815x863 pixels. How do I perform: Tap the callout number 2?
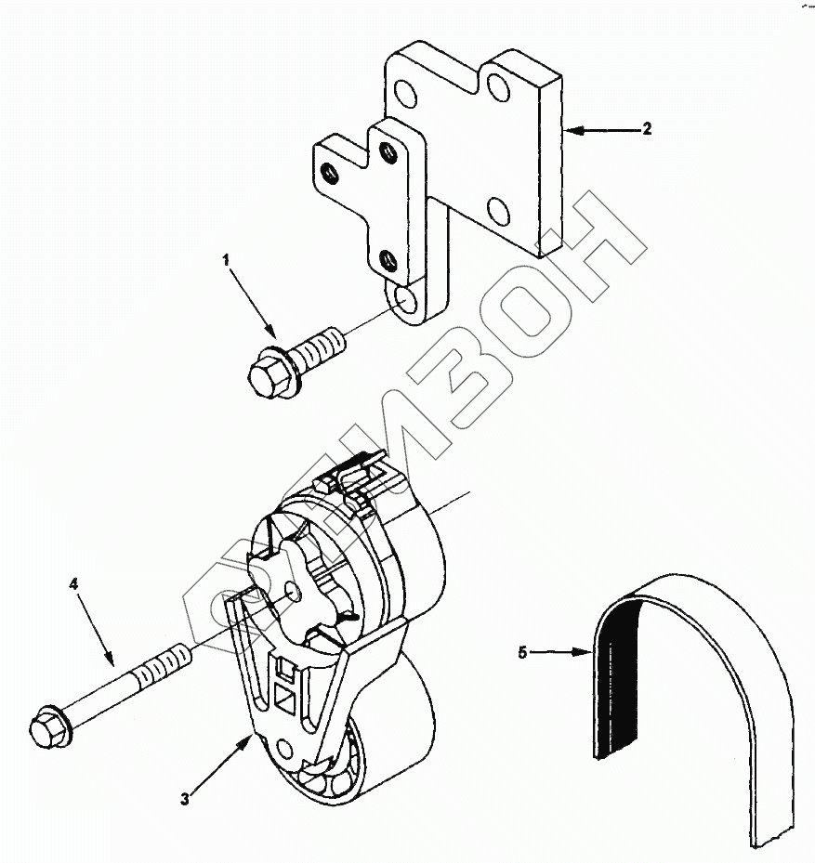point(647,129)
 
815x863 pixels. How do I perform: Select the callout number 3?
point(185,798)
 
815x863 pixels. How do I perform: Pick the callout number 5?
point(522,653)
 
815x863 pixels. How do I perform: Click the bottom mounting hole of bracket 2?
point(405,299)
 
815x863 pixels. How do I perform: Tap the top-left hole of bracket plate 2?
point(405,93)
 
